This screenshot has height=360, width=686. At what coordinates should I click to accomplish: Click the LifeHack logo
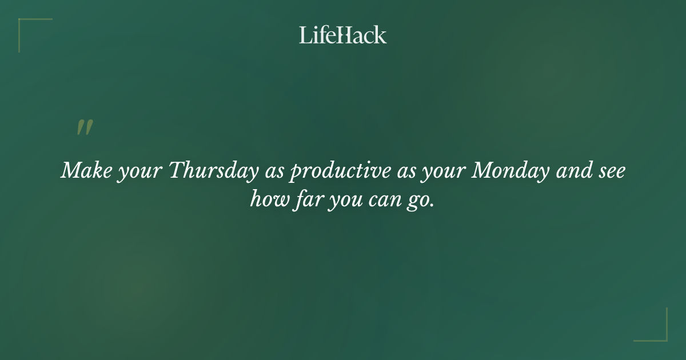(343, 35)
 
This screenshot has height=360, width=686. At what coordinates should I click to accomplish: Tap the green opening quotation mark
(85, 127)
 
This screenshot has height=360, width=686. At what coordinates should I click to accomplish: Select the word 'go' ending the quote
(420, 202)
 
